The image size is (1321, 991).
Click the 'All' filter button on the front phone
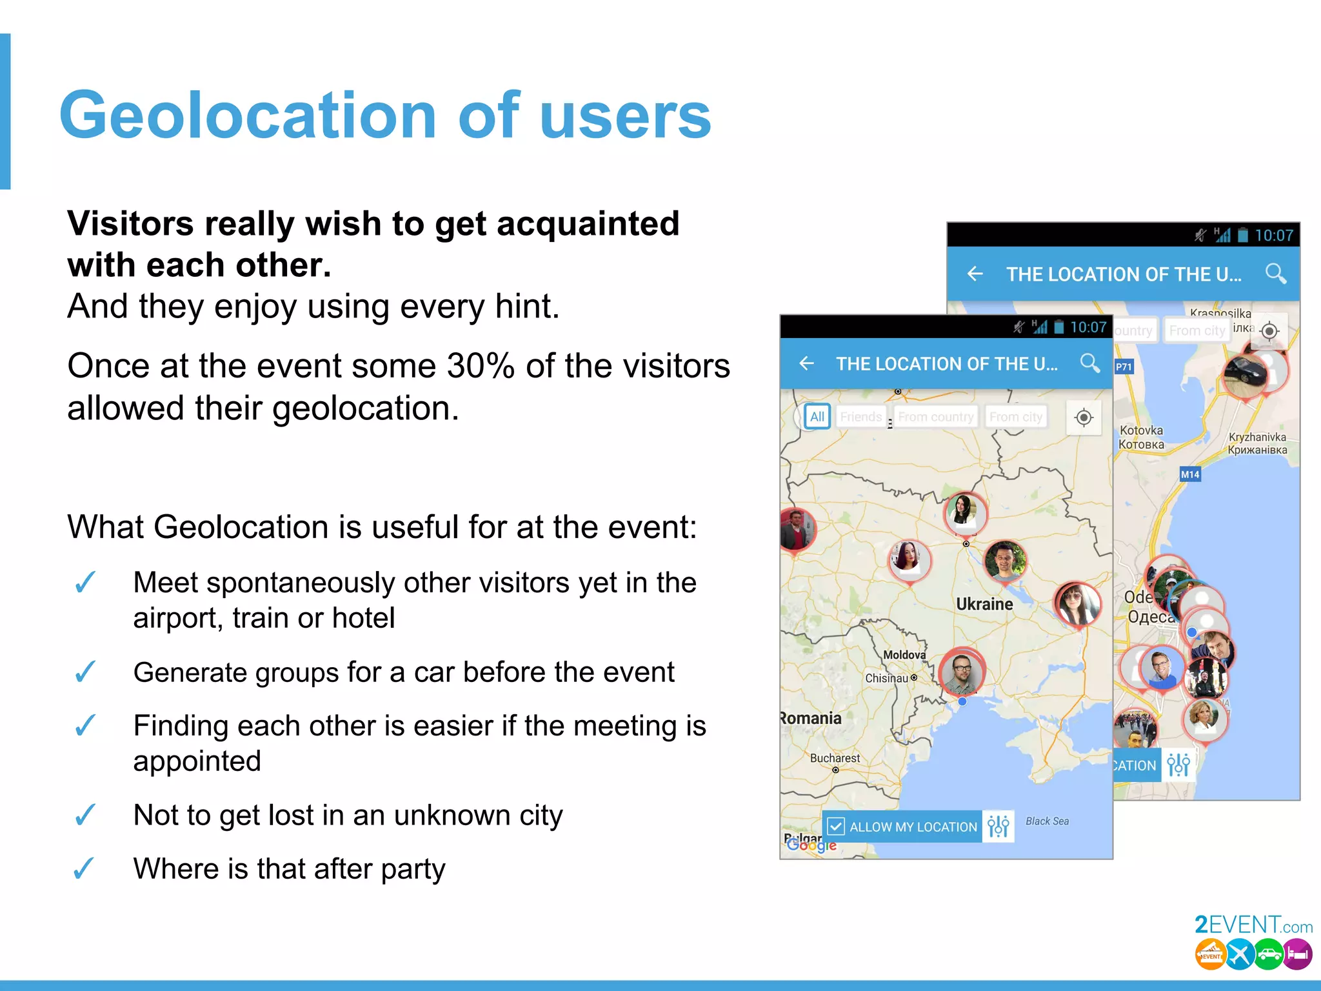pyautogui.click(x=817, y=417)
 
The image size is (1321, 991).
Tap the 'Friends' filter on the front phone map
pyautogui.click(x=860, y=417)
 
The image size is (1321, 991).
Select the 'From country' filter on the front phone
pyautogui.click(x=936, y=417)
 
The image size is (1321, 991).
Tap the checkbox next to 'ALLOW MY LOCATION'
pyautogui.click(x=836, y=826)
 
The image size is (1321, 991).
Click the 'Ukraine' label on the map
pyautogui.click(x=984, y=605)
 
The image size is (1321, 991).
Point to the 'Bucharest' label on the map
pyautogui.click(x=835, y=758)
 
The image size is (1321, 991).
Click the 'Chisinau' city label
pyautogui.click(x=887, y=678)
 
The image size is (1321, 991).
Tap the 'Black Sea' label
pyautogui.click(x=1047, y=821)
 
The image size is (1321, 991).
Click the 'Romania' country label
pyautogui.click(x=811, y=718)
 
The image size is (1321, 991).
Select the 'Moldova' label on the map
pyautogui.click(x=904, y=655)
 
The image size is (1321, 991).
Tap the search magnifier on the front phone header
pyautogui.click(x=1090, y=363)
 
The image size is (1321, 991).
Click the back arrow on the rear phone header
pyautogui.click(x=975, y=274)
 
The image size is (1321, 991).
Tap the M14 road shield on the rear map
pyautogui.click(x=1190, y=475)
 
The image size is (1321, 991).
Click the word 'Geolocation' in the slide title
pyautogui.click(x=248, y=116)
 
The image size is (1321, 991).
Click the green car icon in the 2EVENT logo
pyautogui.click(x=1269, y=954)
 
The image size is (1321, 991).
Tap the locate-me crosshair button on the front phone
pyautogui.click(x=1084, y=417)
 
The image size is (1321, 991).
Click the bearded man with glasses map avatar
pyautogui.click(x=961, y=672)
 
